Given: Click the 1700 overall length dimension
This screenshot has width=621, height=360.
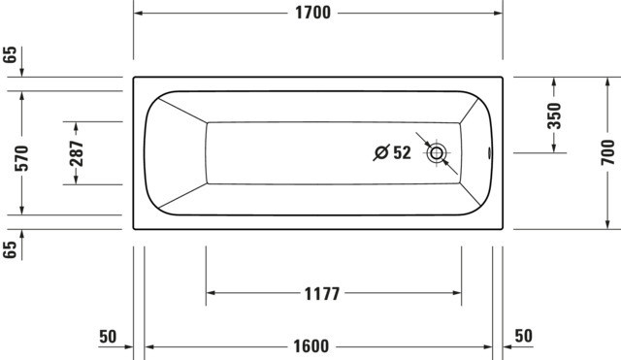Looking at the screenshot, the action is point(312,13).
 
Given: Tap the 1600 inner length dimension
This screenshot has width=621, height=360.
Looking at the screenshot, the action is point(311,346).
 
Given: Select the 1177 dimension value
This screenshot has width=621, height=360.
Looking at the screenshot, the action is point(322,294).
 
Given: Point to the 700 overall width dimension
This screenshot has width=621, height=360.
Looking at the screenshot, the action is point(608,152).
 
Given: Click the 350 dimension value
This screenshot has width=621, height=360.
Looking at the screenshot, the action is point(554,115).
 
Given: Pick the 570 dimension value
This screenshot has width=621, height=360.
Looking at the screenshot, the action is point(21,158).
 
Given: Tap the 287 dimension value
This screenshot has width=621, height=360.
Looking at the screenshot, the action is point(77,153).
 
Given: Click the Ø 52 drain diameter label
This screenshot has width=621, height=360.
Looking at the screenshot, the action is point(392,152).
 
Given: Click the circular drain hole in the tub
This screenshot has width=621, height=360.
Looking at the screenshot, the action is point(437,153).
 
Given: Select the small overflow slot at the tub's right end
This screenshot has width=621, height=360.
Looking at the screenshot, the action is point(490,153).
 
